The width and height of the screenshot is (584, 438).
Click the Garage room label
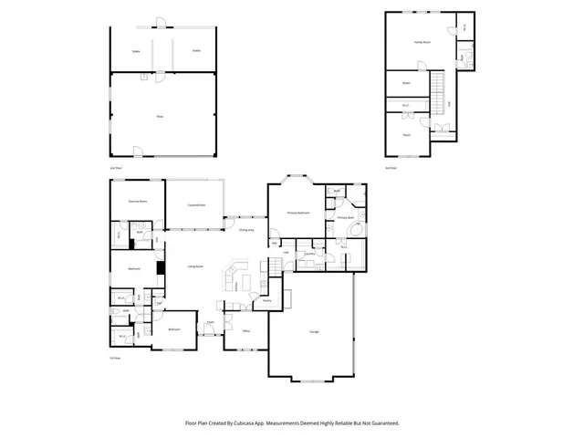313,330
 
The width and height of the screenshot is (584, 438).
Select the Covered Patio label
195,205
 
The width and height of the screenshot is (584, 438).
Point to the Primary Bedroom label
298,213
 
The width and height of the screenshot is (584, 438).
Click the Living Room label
195,266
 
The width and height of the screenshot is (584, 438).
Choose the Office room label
246,330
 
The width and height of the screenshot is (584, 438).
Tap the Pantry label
266,301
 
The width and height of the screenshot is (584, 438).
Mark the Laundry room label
309,254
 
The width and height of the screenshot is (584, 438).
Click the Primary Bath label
345,218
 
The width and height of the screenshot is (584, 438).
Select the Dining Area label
246,230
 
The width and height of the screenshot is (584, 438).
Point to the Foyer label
210,322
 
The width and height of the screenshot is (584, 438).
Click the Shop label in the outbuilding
160,116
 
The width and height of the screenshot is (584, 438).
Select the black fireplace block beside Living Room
160,268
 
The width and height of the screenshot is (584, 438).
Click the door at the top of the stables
161,21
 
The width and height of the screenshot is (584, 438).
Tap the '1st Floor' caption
115,359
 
